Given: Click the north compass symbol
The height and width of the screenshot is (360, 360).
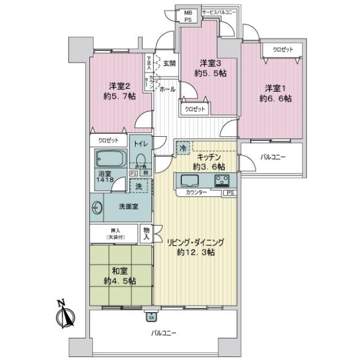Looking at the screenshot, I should pos(65,314).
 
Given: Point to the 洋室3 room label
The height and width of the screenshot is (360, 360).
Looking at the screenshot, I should pos(212,67).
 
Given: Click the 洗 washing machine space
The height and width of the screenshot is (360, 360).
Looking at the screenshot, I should pos(138,186).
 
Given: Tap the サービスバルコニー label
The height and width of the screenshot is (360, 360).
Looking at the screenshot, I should pos(218,11).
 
